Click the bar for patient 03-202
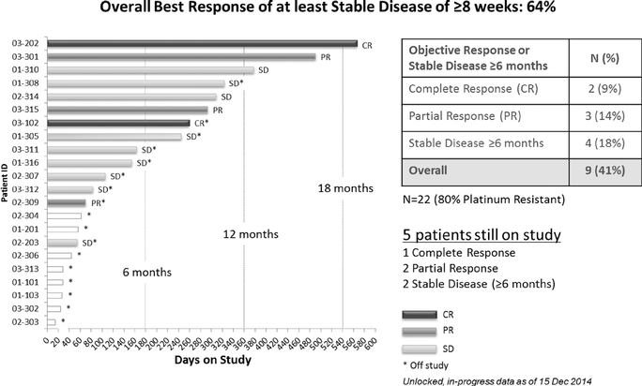pos(202,43)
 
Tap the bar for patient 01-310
pos(150,69)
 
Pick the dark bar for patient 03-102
pos(118,123)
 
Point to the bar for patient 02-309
pos(66,201)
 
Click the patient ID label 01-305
pos(25,136)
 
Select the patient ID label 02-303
pos(25,321)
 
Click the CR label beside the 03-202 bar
pos(367,43)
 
